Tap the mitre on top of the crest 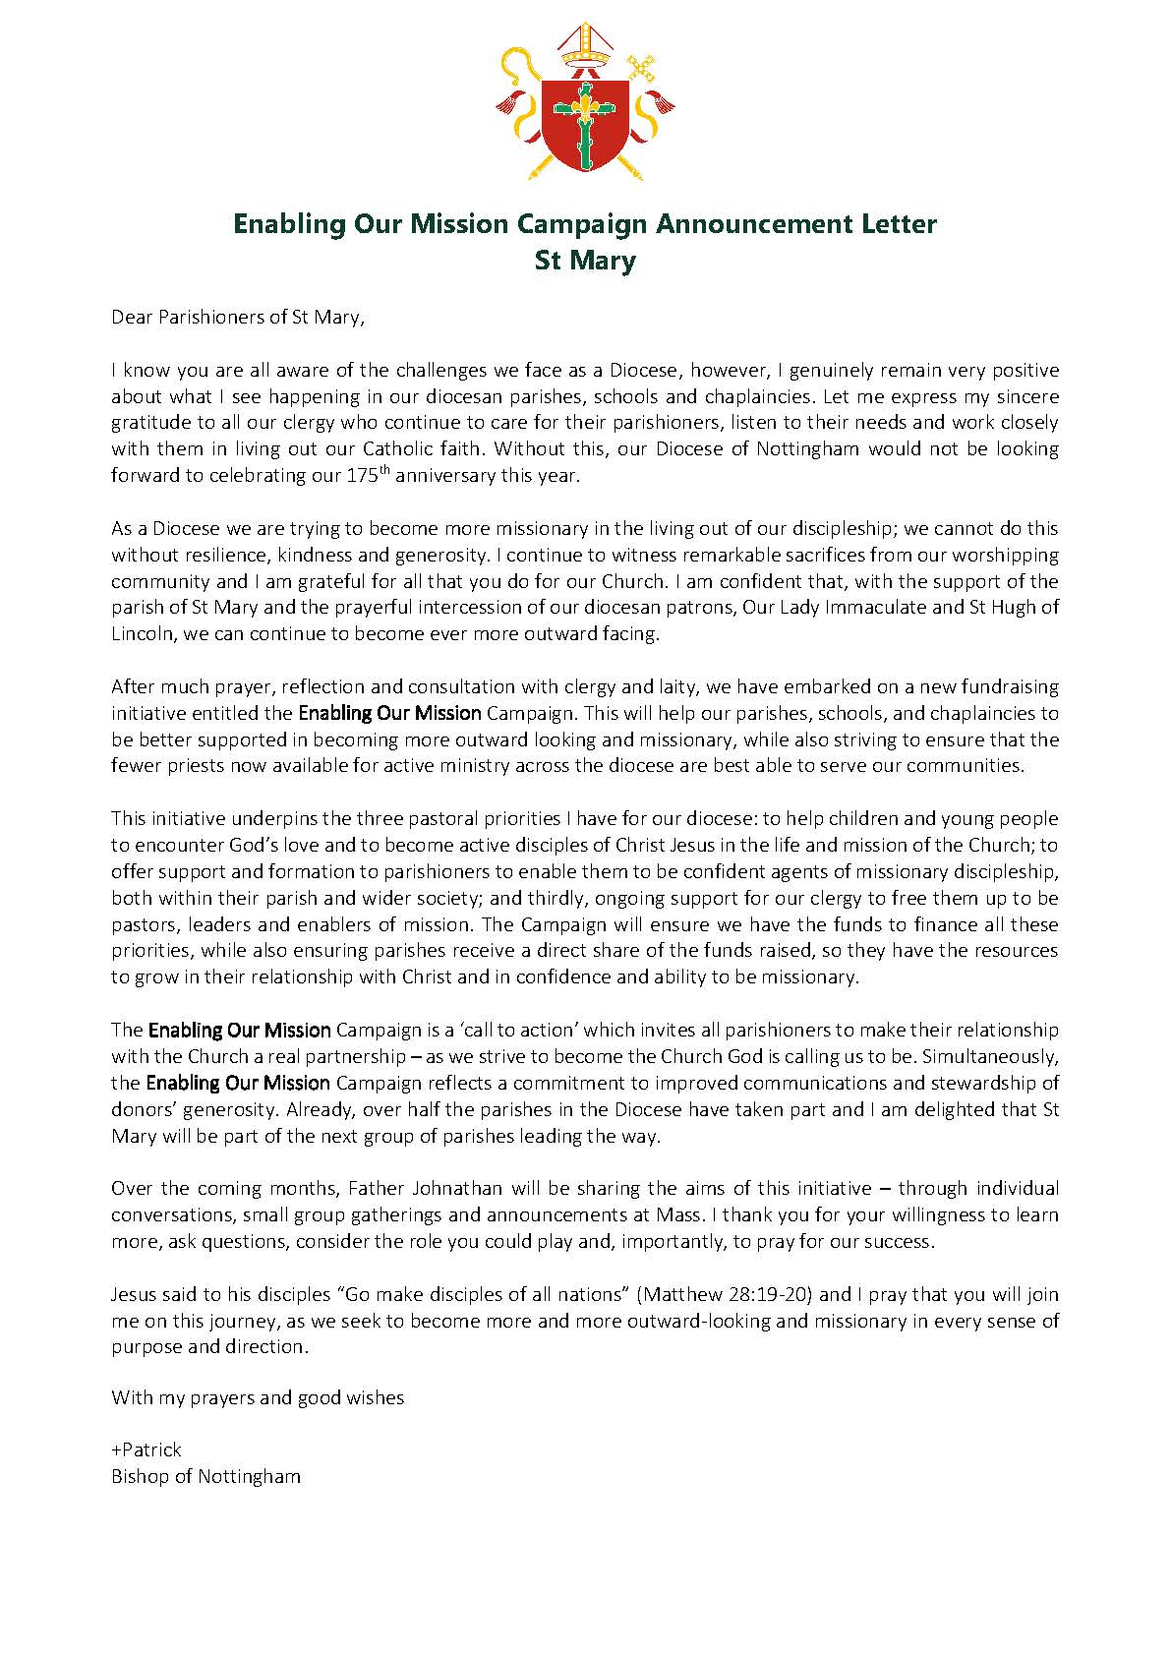tap(585, 44)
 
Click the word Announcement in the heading tap(754, 224)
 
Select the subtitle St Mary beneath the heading tap(585, 261)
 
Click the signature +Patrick tap(146, 1449)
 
